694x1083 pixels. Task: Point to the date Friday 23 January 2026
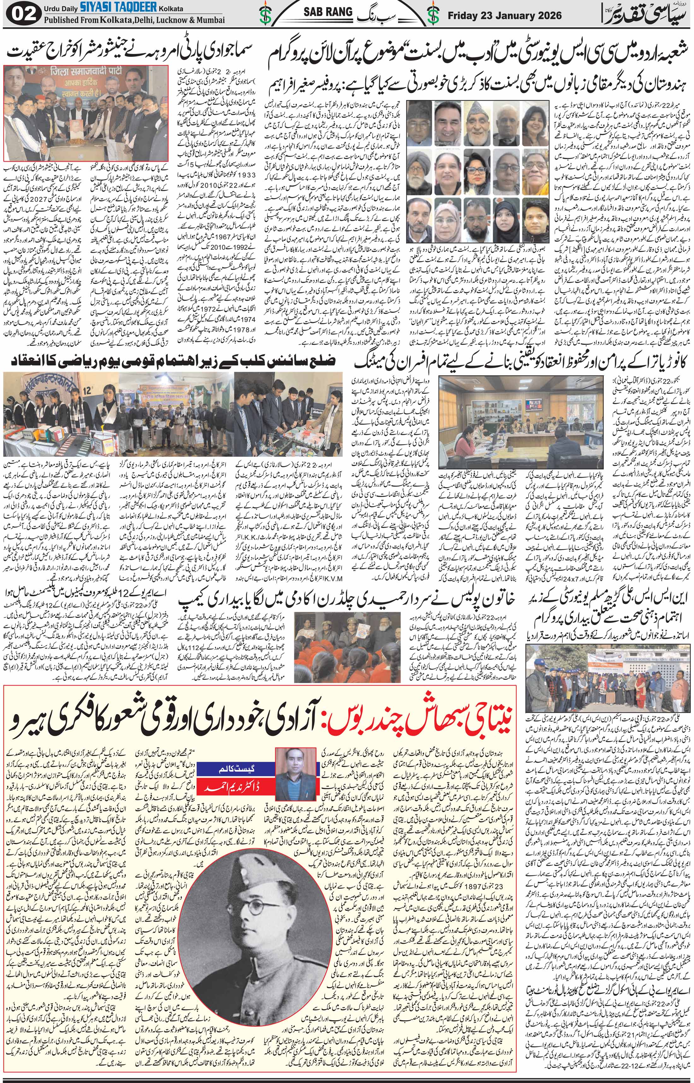click(x=504, y=15)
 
